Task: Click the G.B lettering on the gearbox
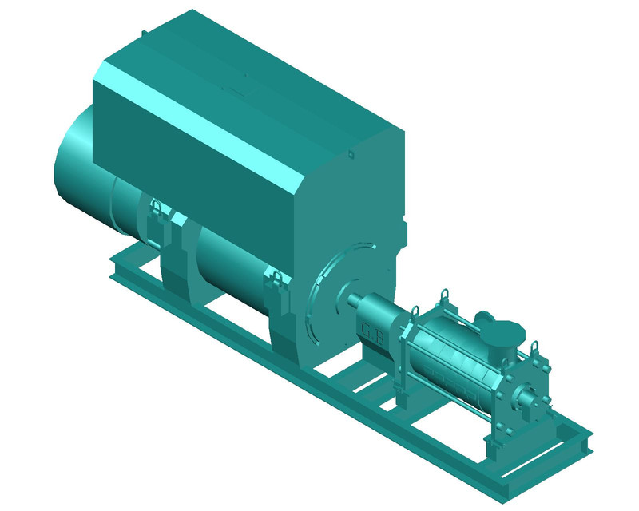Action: (373, 335)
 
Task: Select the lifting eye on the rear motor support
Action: (156, 209)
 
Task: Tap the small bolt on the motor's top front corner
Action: (349, 153)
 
